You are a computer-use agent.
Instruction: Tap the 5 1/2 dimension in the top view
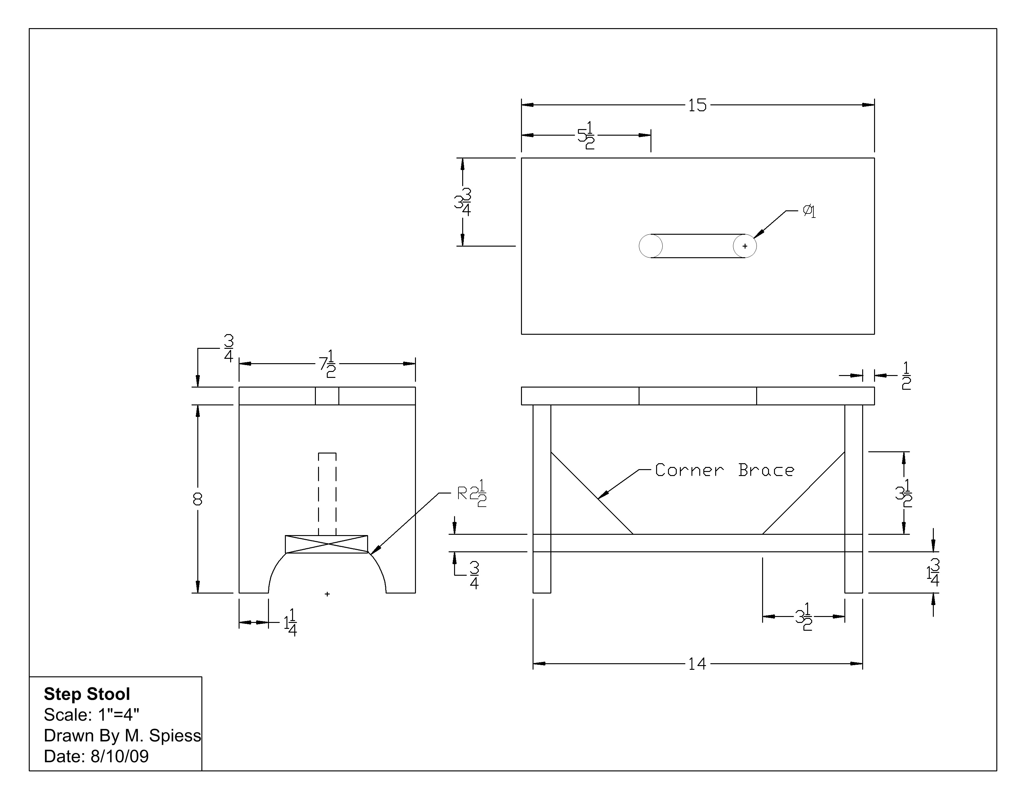click(586, 136)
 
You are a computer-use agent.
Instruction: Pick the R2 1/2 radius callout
click(472, 494)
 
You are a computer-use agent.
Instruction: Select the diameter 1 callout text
click(809, 211)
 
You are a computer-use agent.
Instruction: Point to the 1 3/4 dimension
click(933, 573)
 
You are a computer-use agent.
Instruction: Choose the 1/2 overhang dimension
click(906, 376)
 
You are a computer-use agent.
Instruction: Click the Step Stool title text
click(87, 694)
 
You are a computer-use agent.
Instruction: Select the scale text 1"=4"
click(119, 715)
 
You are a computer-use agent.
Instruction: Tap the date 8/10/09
click(119, 756)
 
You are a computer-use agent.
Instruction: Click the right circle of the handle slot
click(745, 246)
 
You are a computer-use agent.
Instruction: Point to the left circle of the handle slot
click(651, 246)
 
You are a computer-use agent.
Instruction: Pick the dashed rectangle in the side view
click(327, 494)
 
